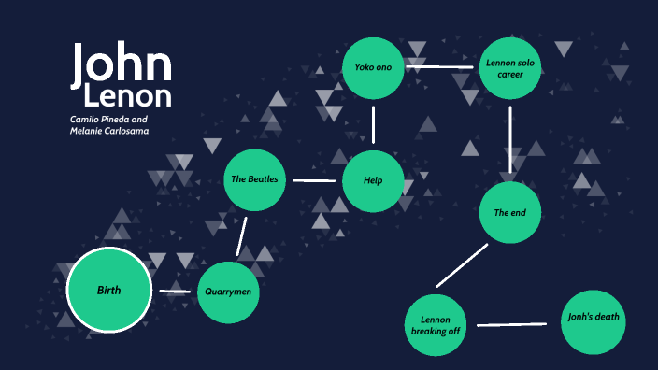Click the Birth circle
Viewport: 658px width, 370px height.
click(108, 291)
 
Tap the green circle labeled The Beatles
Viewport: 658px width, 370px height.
click(254, 179)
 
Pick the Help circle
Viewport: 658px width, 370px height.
click(373, 180)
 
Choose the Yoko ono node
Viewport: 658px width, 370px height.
click(373, 67)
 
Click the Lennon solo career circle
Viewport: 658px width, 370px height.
click(510, 67)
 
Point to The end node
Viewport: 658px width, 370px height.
click(510, 213)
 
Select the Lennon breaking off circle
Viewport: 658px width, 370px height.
click(436, 325)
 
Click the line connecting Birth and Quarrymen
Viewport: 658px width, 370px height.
click(175, 292)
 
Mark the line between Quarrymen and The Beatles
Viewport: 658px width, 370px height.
click(241, 236)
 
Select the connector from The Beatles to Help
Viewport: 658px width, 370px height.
click(314, 180)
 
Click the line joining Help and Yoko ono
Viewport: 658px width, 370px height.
click(373, 124)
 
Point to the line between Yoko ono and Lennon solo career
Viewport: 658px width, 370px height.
click(442, 67)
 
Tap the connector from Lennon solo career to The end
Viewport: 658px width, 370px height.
click(510, 139)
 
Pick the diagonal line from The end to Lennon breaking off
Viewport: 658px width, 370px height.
click(462, 265)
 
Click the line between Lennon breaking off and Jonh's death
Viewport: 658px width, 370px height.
click(511, 324)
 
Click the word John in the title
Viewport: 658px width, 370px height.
click(122, 64)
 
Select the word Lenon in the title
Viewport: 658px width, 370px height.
click(127, 96)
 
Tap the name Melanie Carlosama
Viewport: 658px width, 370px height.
click(109, 132)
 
